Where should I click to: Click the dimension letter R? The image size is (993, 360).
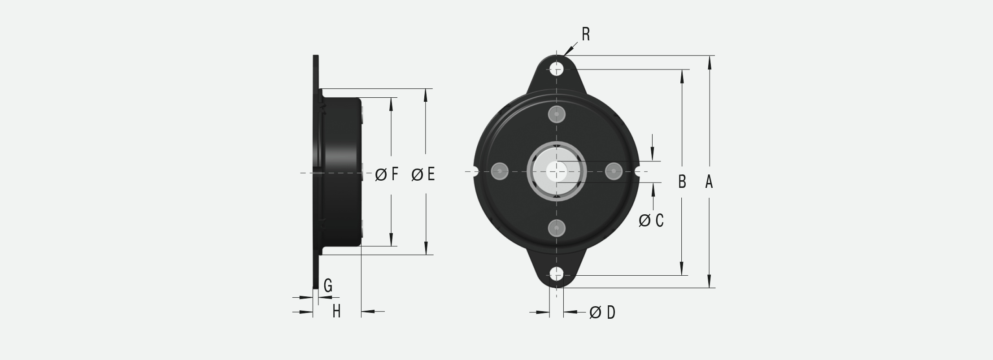[585, 34]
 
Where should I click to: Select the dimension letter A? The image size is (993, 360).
[709, 182]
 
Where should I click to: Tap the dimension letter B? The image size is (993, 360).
[682, 182]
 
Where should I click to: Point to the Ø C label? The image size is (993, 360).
[651, 220]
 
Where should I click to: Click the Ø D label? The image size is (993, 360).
[602, 312]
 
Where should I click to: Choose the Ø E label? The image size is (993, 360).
[423, 174]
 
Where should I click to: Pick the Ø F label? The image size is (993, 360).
[387, 174]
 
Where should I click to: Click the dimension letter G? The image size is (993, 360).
[328, 285]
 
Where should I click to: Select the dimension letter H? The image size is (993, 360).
[336, 311]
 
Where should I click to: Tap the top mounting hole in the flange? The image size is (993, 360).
[557, 69]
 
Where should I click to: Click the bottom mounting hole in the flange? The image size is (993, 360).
[557, 275]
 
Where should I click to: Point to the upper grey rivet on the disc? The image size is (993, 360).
[557, 114]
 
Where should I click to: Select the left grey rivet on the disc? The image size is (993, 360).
[499, 171]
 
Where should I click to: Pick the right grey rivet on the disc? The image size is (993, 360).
[614, 171]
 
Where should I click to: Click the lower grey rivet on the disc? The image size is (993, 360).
[557, 228]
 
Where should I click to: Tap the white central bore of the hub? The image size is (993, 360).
[557, 171]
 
